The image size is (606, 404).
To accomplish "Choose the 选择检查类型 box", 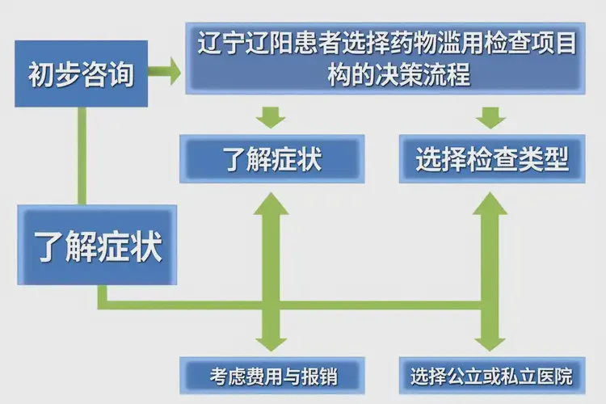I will [491, 158].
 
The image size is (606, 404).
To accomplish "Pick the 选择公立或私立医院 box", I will [491, 376].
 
